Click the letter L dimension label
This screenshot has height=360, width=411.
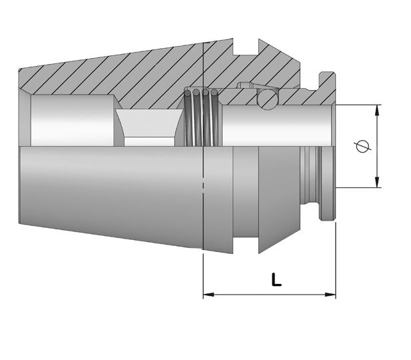pyautogui.click(x=276, y=280)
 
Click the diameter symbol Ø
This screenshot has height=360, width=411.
pyautogui.click(x=362, y=146)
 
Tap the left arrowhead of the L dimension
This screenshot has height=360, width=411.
pyautogui.click(x=208, y=295)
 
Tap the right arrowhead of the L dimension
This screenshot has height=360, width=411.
pyautogui.click(x=330, y=295)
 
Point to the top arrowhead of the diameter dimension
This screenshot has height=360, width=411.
pyautogui.click(x=377, y=110)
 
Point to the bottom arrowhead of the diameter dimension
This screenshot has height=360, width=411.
pyautogui.click(x=377, y=183)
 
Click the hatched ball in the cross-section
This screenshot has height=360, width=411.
pyautogui.click(x=267, y=99)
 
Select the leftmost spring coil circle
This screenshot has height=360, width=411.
pyautogui.click(x=188, y=93)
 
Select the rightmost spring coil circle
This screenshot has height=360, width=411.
pyautogui.click(x=214, y=93)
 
